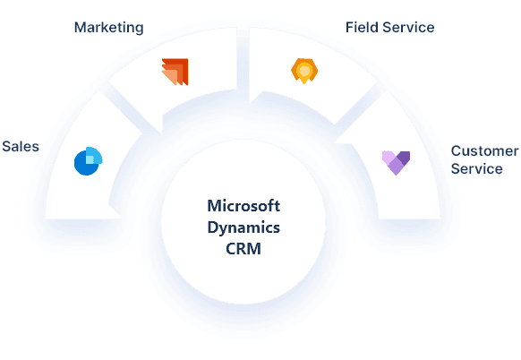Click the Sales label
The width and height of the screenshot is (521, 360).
click(21, 146)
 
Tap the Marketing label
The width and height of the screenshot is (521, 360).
click(107, 28)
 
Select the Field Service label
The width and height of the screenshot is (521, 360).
click(389, 27)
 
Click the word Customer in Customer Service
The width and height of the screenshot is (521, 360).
click(483, 151)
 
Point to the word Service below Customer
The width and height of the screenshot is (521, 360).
click(476, 168)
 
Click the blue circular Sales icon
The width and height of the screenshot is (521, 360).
click(89, 160)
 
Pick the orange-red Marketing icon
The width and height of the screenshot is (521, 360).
click(175, 71)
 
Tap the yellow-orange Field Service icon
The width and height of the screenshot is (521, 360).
click(303, 69)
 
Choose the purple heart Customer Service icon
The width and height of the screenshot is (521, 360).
click(396, 161)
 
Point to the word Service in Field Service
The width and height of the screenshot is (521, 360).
click(408, 27)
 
